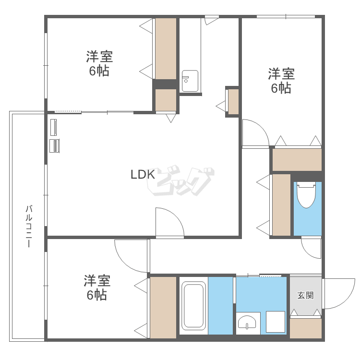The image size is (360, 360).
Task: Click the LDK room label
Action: point(143,175)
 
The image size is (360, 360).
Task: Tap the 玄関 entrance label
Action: point(305,296)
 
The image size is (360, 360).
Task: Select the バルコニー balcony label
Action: point(29,227)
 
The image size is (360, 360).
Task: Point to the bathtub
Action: point(193,306)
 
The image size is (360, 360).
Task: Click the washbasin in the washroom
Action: point(247,322)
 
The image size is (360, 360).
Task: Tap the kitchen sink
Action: point(190,81)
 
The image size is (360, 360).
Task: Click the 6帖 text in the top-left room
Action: point(99,71)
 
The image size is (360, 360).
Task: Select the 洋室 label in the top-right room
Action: point(281,74)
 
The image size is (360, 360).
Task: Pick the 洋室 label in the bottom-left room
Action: point(97,281)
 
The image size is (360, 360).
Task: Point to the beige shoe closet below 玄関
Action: point(306,328)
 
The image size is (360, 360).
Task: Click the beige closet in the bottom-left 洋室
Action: point(163,307)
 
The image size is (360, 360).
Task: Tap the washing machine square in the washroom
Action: point(276,322)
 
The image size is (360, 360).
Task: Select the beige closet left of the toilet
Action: point(281,205)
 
